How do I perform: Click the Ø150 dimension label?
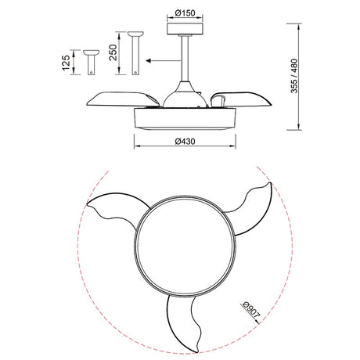[185, 13]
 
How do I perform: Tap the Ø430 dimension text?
[185, 142]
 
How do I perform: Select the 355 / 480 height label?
[294, 76]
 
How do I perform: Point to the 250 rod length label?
[113, 52]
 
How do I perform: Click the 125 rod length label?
[66, 63]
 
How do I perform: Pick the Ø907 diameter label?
[251, 310]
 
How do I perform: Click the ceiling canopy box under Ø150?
[185, 28]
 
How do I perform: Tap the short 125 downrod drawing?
[91, 63]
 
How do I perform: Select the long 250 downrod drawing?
[135, 53]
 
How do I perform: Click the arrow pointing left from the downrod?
[164, 61]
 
